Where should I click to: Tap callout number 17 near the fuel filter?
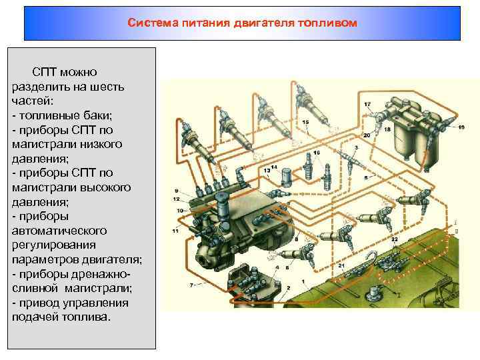[367, 105]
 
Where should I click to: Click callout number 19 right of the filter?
[461, 128]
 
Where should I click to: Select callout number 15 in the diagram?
[305, 123]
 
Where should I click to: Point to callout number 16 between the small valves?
[317, 153]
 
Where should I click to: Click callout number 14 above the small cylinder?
[274, 167]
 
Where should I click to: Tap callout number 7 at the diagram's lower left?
[192, 285]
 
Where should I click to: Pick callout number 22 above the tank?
[395, 239]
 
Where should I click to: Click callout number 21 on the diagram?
[341, 266]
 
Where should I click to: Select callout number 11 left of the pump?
[175, 231]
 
